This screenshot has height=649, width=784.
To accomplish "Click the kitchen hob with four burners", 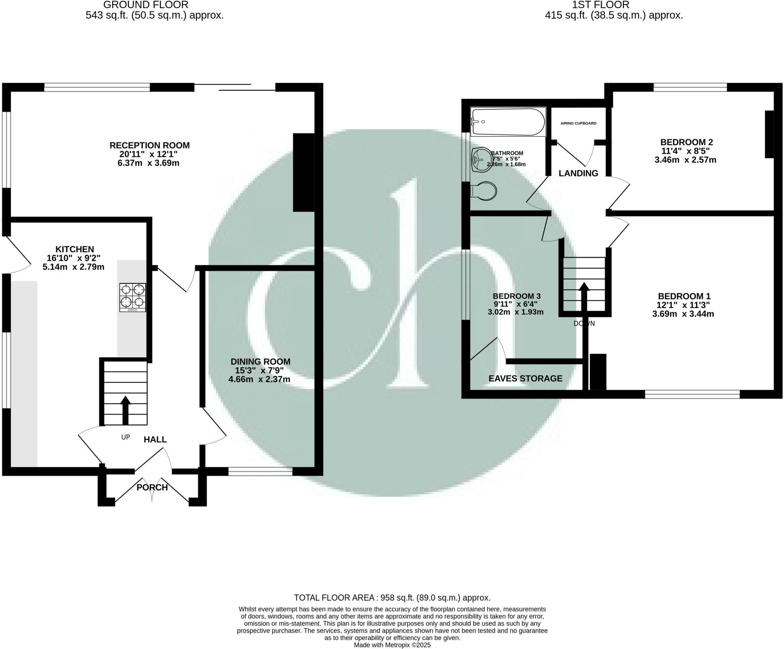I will point(133,297).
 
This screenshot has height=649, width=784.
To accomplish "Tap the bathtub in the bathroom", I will point(508,122).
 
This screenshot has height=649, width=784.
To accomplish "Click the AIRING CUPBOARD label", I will point(578,123).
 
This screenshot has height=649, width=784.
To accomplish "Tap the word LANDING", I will point(578,173).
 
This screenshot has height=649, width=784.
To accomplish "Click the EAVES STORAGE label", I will point(525,379).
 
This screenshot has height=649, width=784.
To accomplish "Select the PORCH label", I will point(152,487).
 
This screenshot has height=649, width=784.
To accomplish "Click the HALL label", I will point(155,440).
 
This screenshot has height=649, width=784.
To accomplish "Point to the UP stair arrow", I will point(125,410).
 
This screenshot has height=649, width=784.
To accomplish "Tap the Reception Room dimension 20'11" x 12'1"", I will point(149,154).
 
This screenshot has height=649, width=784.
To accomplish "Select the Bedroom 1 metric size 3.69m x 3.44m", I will point(683,314).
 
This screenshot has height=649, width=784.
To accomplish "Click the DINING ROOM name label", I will point(260,361).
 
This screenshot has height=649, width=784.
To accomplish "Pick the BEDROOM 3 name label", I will point(516,296).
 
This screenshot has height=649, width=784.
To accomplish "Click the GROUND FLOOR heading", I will point(146,5).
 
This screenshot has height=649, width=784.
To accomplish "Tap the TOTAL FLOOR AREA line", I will point(392,598).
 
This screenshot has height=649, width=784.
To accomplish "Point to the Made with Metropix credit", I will point(392,645).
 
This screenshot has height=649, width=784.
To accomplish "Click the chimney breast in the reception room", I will point(304,172).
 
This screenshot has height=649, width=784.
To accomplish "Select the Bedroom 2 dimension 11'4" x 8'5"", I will point(685,151).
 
